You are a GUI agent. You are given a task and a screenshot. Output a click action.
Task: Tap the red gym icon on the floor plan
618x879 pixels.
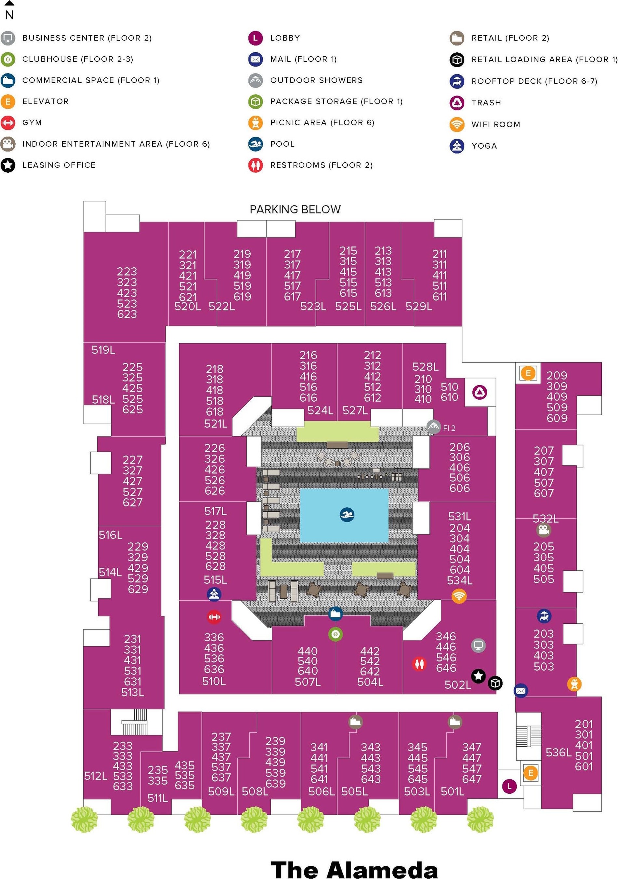214,617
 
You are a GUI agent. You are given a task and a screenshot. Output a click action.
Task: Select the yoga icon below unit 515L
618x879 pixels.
214,594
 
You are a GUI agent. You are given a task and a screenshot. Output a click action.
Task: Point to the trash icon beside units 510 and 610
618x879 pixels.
480,392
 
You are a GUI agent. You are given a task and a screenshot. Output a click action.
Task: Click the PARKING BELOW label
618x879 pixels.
295,209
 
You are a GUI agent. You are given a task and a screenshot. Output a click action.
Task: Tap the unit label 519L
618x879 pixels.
103,350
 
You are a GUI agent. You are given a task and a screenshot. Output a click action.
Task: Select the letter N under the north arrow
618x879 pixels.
9,15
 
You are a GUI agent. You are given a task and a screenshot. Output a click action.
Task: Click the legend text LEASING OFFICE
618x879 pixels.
59,165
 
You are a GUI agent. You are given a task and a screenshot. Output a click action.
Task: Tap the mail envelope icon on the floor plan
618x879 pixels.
520,690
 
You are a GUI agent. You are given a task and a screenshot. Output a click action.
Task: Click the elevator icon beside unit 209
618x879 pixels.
528,373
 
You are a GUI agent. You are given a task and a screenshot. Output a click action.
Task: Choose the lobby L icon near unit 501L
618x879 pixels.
509,786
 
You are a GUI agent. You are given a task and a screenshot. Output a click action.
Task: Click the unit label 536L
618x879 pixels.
558,752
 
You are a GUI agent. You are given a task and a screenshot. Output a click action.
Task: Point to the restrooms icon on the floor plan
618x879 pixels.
419,663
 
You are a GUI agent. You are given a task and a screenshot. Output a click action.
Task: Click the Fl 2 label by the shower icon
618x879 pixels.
449,428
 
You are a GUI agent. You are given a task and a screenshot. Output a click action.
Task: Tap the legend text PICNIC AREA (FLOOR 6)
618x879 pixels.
322,123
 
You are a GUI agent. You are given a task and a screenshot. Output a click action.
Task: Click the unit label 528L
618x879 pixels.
425,367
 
